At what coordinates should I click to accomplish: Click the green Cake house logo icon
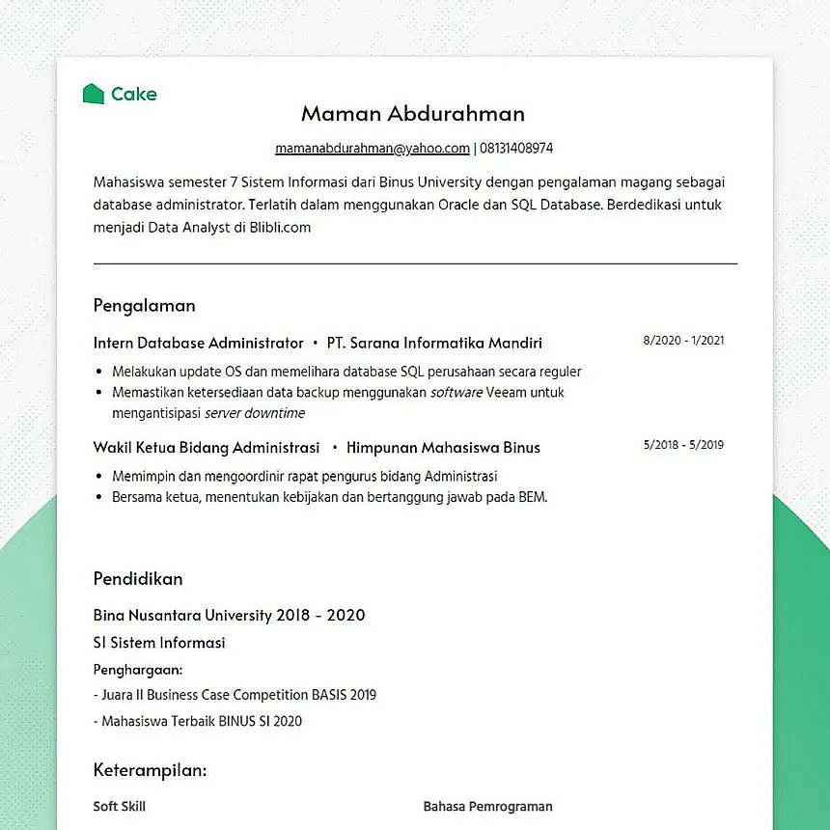click(93, 94)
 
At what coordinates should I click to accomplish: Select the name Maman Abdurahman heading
click(413, 113)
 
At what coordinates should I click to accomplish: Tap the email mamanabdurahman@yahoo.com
click(373, 149)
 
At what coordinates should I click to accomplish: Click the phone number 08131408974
click(516, 149)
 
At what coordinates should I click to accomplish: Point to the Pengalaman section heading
click(144, 305)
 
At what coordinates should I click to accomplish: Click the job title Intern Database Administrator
click(198, 343)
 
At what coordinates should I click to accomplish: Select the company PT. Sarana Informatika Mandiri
click(434, 343)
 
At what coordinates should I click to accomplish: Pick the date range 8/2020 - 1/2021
click(683, 341)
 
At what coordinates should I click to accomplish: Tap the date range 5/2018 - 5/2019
click(683, 445)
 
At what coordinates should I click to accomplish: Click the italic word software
click(456, 393)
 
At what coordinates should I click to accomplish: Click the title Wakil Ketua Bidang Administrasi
click(206, 447)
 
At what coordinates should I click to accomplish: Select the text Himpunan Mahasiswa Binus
click(443, 447)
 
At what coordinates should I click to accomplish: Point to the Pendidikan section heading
click(138, 579)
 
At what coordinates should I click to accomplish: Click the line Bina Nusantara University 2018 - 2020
click(229, 615)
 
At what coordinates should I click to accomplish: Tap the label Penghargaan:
click(138, 669)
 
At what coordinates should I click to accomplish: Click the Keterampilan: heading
click(150, 770)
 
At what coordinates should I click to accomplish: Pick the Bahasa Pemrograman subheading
click(487, 806)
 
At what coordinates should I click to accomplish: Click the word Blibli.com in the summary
click(280, 228)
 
